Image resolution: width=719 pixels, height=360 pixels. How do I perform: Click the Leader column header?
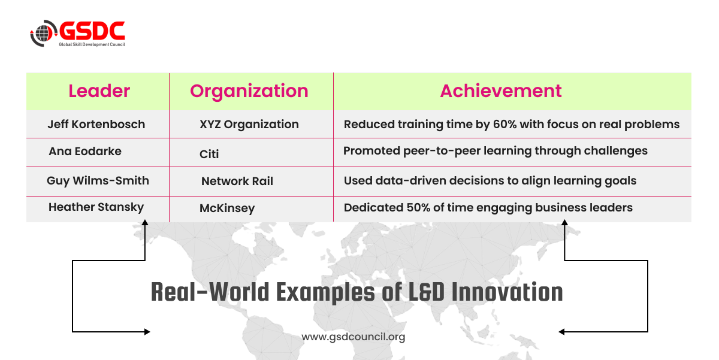click(x=99, y=91)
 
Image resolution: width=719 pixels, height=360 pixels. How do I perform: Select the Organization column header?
click(x=249, y=92)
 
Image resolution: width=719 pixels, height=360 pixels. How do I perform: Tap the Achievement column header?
click(x=501, y=91)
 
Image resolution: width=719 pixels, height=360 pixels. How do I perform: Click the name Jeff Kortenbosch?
click(x=96, y=124)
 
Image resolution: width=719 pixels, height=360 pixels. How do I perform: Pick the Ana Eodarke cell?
click(x=85, y=151)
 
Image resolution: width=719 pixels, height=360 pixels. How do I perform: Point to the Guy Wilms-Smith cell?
click(x=98, y=181)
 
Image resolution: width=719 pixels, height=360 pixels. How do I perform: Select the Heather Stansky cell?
click(x=96, y=207)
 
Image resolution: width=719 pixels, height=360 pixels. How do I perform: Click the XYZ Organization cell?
click(x=249, y=125)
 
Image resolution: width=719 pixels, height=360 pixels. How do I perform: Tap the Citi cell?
click(x=209, y=154)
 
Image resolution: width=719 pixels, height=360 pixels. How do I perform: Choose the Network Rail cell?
click(x=237, y=181)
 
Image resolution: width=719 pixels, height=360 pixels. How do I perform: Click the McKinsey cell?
click(x=227, y=208)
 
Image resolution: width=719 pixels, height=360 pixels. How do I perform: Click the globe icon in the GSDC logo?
click(x=43, y=33)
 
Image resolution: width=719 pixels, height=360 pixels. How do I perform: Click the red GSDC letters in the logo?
click(x=92, y=31)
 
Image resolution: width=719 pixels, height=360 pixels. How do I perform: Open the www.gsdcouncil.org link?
click(x=353, y=337)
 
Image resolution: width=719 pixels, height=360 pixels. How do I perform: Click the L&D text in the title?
click(x=426, y=292)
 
